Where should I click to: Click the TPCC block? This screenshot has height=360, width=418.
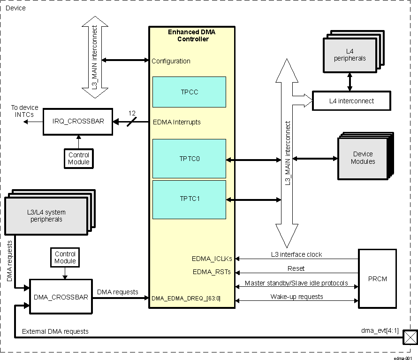[189, 92]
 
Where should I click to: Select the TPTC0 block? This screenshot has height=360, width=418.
[189, 159]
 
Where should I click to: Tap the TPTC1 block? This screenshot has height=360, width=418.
[189, 199]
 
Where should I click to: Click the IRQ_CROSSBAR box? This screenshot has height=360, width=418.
[78, 121]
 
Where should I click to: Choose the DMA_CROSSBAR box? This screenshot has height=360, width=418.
[61, 297]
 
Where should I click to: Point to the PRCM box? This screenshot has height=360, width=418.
[377, 279]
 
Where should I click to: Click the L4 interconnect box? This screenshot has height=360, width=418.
[351, 101]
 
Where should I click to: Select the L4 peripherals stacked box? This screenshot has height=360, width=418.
[350, 55]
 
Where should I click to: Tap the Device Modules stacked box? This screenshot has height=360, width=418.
[363, 158]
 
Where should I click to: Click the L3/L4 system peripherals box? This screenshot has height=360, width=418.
[46, 216]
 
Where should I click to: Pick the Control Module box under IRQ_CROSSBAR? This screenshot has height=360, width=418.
[78, 158]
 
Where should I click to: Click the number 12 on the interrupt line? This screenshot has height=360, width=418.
[132, 114]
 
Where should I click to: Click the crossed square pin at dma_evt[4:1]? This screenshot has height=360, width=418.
[410, 337]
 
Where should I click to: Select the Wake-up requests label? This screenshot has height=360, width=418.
[296, 297]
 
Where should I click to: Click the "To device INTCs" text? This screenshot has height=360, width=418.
[25, 111]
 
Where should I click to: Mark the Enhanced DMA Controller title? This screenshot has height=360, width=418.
[192, 35]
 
